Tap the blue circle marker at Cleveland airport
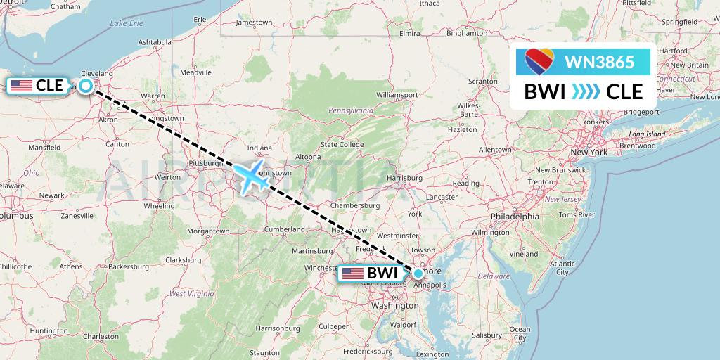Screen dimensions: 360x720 [85, 86]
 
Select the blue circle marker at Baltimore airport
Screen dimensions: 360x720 [418, 273]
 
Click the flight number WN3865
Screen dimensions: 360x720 [600, 62]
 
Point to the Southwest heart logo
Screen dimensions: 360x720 [539, 63]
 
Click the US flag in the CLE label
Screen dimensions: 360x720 [21, 86]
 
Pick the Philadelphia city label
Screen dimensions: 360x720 [515, 217]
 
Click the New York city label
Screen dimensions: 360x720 [589, 152]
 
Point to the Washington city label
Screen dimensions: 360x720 [394, 307]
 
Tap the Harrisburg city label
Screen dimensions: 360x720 [404, 179]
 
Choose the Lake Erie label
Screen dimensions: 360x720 [126, 23]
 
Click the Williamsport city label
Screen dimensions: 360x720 [397, 94]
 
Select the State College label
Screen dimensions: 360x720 [342, 145]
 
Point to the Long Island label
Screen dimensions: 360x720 [647, 134]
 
